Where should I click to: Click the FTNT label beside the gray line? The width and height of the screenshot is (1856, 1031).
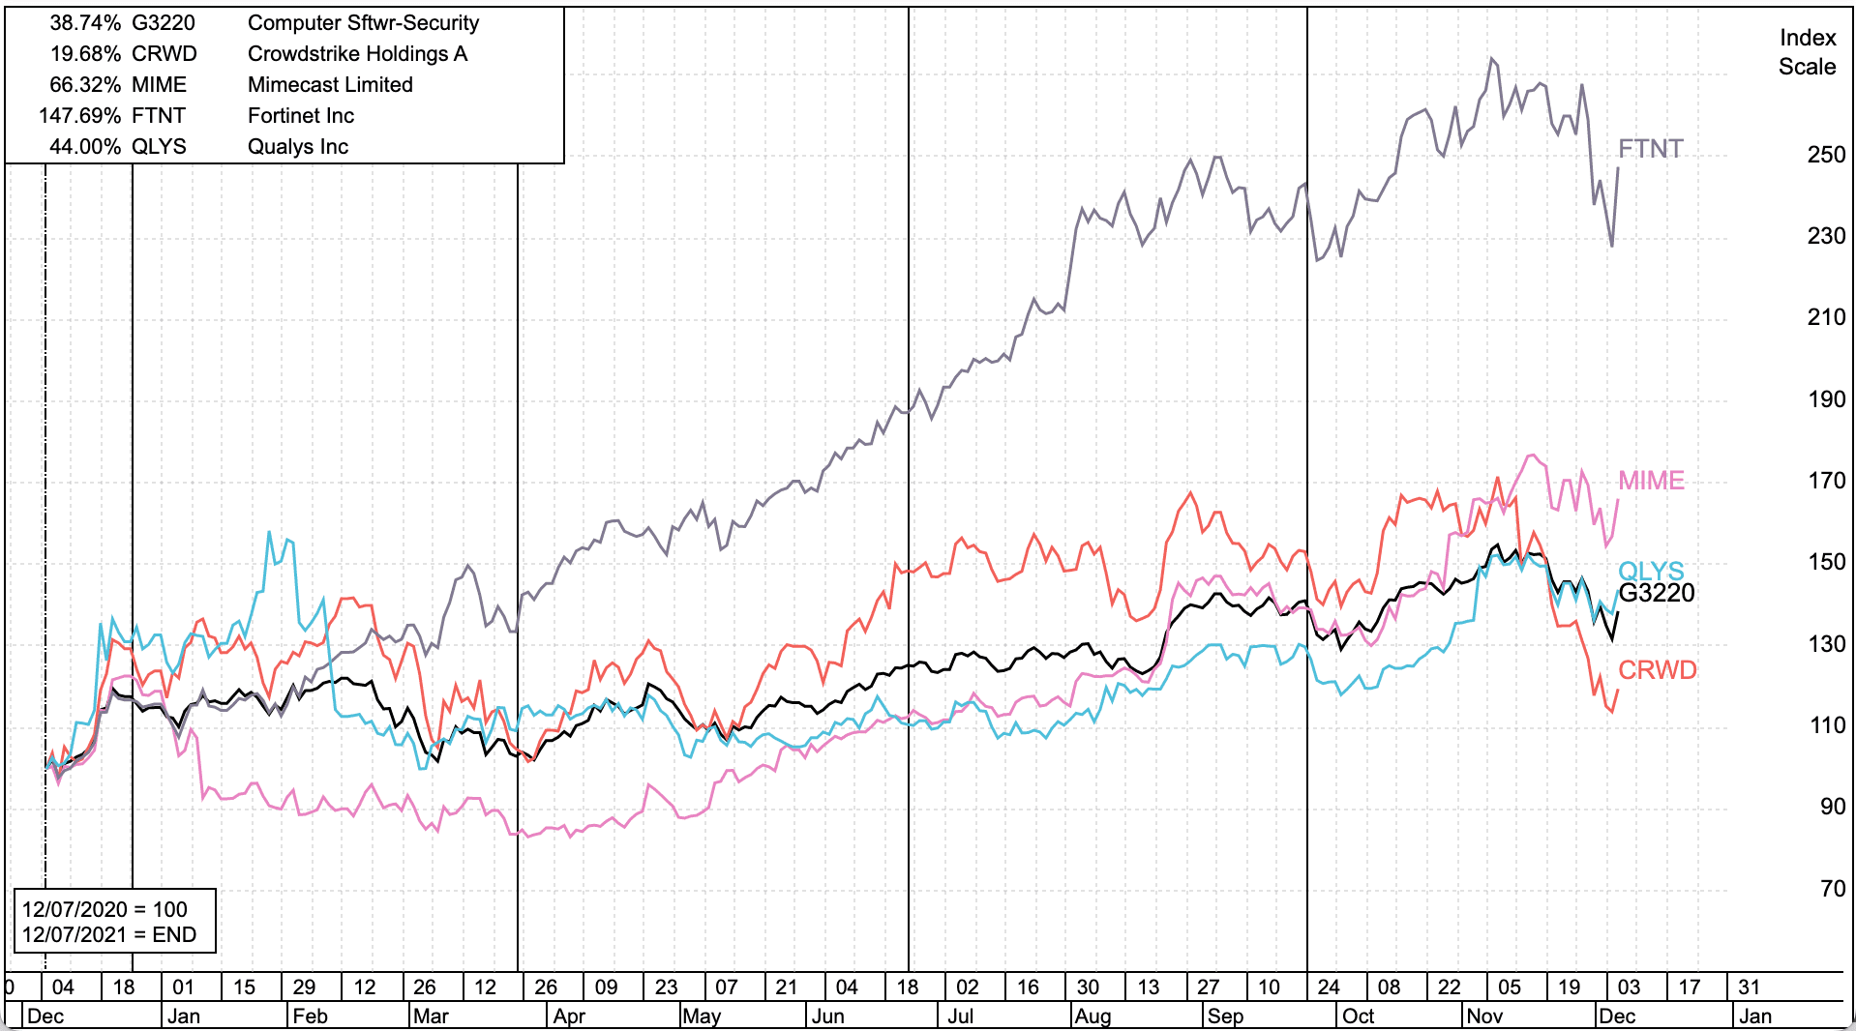coord(1651,149)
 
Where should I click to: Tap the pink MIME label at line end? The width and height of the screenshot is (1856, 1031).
coord(1651,481)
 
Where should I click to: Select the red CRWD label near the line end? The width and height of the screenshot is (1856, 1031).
coord(1657,670)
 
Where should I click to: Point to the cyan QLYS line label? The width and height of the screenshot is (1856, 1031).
coord(1651,571)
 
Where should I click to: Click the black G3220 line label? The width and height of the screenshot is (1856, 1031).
coord(1656,593)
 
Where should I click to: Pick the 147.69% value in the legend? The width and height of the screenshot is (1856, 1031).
coord(79,116)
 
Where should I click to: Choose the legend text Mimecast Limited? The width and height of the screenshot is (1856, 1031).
coord(330,85)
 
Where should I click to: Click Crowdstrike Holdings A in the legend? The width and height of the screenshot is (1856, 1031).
coord(357,54)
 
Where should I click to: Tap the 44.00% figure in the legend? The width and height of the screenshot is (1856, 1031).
coord(84,147)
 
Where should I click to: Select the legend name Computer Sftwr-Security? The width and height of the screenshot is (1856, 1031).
coord(363,23)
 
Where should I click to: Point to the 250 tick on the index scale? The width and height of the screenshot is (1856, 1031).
coord(1826,155)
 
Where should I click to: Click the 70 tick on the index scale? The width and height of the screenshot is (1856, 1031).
coord(1832,889)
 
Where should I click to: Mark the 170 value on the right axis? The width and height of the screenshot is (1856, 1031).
coord(1826,481)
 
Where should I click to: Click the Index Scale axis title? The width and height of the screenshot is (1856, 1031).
coord(1807,52)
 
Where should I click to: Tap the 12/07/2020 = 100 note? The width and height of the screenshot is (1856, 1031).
coord(105,909)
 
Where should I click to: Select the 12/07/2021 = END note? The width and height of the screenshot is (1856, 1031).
coord(108,934)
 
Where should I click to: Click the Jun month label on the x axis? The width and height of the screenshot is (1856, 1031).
coord(827,1016)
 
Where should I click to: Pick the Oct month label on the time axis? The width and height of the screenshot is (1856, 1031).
coord(1358,1016)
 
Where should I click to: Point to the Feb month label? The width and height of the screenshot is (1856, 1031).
coord(310,1016)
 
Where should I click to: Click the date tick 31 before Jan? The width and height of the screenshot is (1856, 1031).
coord(1749,987)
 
